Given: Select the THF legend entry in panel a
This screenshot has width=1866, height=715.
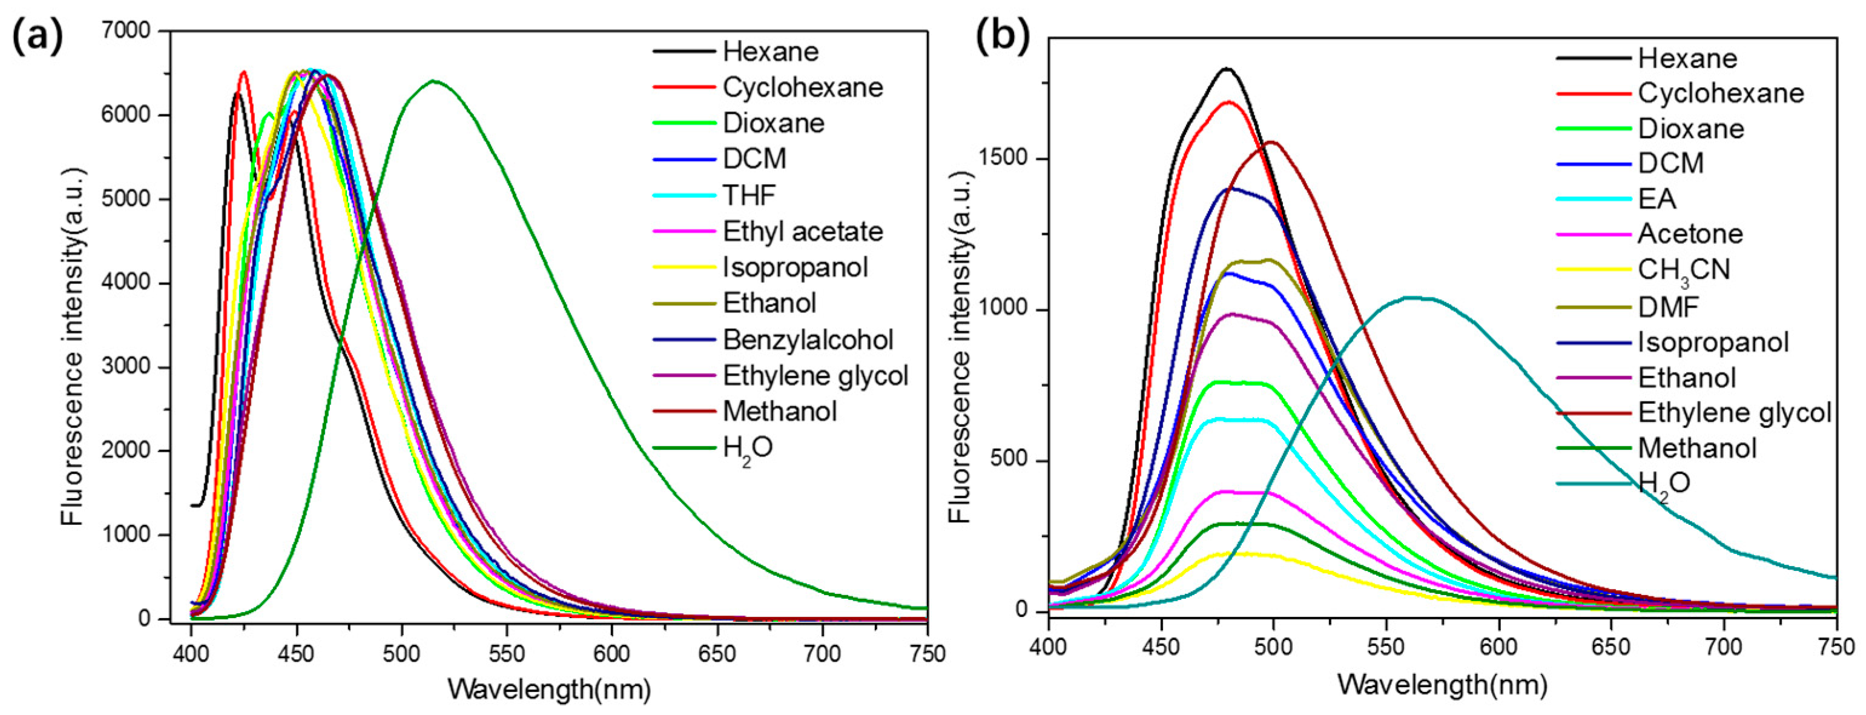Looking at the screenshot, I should click(x=749, y=195).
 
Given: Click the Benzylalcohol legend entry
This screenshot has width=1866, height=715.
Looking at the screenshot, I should click(x=808, y=340).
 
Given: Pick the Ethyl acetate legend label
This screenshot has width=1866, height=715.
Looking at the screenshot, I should click(x=803, y=232).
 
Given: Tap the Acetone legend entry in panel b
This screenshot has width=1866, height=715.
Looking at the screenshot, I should click(x=1690, y=234).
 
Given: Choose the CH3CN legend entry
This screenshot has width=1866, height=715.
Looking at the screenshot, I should click(x=1683, y=270).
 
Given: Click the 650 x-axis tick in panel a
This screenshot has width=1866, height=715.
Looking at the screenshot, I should click(x=716, y=653).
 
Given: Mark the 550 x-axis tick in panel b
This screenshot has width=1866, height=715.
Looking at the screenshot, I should click(x=1386, y=646).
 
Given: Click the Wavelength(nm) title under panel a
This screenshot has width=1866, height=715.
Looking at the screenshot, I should click(x=549, y=688).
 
